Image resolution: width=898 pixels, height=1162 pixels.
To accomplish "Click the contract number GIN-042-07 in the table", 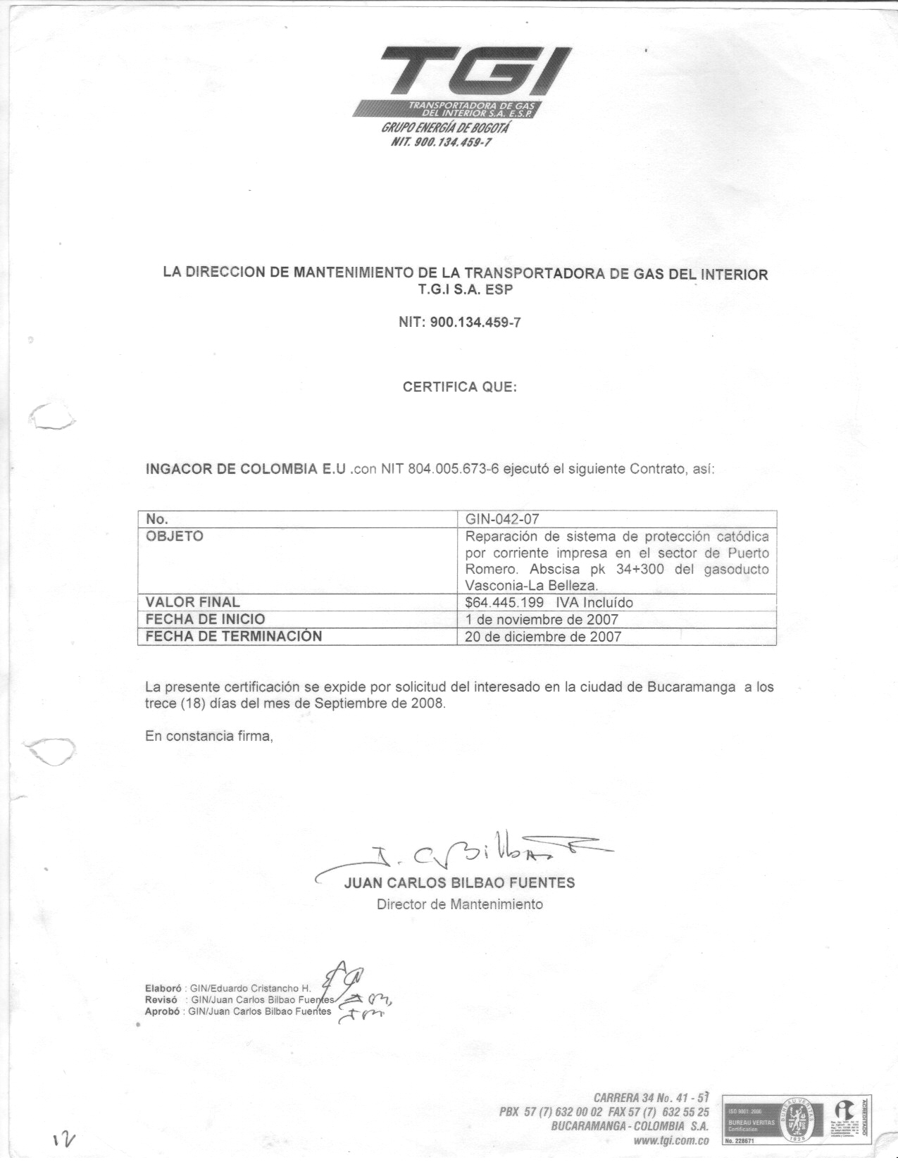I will (502, 520).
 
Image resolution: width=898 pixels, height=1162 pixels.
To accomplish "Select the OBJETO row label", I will (174, 537).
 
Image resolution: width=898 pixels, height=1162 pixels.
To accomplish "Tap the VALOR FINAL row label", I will (192, 602).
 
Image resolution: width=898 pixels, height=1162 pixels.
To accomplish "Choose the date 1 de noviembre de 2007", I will (542, 620).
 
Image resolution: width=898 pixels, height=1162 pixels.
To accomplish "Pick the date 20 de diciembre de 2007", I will (543, 637).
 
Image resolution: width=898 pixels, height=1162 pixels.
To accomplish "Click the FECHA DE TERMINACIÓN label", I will (233, 637).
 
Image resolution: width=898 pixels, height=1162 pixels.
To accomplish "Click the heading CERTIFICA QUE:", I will (459, 387).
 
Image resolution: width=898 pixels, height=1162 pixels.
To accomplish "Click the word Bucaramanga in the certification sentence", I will (692, 687).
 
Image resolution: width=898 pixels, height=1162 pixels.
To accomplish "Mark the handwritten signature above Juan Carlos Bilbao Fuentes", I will (465, 854).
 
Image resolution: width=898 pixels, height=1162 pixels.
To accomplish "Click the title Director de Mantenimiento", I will (460, 904).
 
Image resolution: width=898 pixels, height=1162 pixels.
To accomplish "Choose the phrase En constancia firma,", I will (208, 737).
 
